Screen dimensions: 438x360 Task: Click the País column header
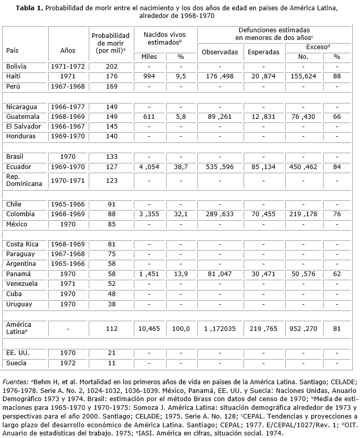point(13,51)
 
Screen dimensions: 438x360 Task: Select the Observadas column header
point(219,52)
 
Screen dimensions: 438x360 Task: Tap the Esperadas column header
point(263,52)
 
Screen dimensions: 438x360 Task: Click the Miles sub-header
point(149,57)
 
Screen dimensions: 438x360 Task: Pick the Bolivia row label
point(16,67)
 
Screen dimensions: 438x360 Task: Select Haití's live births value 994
point(149,76)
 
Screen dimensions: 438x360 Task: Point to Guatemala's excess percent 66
point(336,117)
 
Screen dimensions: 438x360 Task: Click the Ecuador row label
point(18,167)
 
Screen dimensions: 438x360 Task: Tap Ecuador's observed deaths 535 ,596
point(219,167)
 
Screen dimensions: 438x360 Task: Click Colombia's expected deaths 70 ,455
point(263,214)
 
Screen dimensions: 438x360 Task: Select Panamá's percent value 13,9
point(181,275)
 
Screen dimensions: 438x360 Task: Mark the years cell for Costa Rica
point(67,244)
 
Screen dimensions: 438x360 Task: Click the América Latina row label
point(18,328)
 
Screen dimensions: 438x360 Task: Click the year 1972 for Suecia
point(67,363)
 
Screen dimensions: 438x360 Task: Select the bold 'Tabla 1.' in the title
point(30,9)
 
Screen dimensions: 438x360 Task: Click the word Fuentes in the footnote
point(15,382)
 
